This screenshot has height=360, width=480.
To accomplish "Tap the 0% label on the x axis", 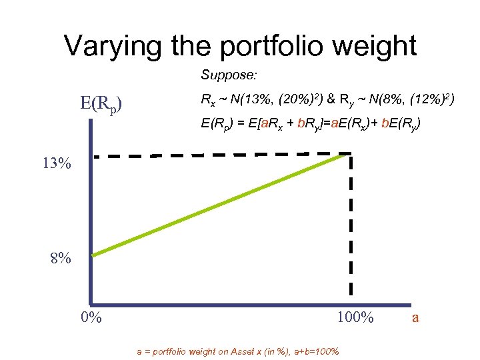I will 91,317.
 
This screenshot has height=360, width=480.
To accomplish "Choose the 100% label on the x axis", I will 355,317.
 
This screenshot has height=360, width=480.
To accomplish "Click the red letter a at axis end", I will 415,318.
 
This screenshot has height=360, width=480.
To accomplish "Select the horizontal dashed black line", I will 220,156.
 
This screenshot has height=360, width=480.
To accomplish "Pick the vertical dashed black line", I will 349,227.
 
